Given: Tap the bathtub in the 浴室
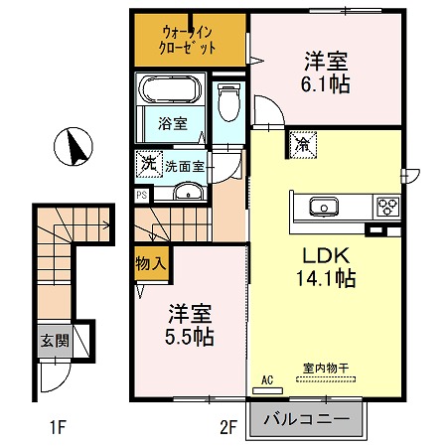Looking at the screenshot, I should point(174,93).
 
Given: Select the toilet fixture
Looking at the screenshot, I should point(227,100).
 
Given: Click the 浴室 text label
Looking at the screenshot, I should point(173,124).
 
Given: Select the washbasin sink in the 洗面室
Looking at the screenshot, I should point(186,191).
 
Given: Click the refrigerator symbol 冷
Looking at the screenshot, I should point(302,145).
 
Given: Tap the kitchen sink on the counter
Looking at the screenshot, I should point(324,208).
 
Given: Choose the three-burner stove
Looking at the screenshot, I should point(385,208).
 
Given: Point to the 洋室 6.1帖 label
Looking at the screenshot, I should point(326,72).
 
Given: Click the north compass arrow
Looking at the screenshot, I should point(74,149).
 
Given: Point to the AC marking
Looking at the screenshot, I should point(266,379).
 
